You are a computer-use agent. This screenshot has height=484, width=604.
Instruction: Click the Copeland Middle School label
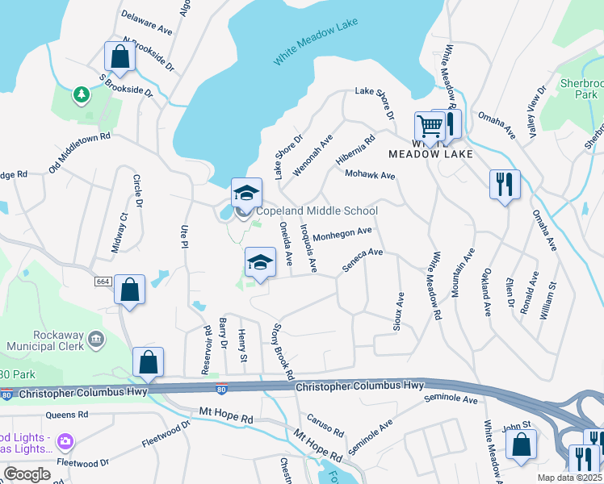click(317, 211)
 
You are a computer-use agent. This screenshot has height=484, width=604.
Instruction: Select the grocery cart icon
click(430, 125)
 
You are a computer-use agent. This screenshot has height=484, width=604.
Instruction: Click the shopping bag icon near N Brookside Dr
click(120, 57)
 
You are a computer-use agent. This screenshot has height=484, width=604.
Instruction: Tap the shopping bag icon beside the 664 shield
click(129, 290)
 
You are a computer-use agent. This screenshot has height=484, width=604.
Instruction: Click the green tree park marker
click(81, 96)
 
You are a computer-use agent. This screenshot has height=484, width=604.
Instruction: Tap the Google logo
click(27, 474)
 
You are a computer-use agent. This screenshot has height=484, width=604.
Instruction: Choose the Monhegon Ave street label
click(342, 233)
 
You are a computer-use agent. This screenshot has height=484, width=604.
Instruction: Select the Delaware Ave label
click(147, 22)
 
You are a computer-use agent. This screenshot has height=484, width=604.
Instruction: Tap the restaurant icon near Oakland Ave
click(505, 185)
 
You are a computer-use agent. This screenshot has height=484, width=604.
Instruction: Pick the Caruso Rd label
click(325, 427)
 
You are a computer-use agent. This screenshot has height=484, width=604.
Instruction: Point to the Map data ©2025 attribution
click(569, 478)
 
